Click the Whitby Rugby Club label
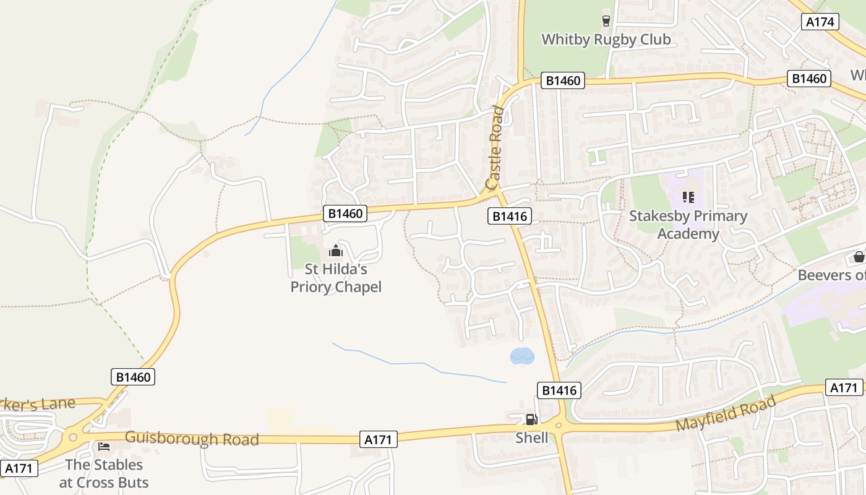click(x=606, y=40)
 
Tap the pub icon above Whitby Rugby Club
click(x=606, y=21)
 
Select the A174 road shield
click(x=821, y=22)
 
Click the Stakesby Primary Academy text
click(x=688, y=225)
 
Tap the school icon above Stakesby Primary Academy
click(x=688, y=197)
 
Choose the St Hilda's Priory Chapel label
click(x=336, y=278)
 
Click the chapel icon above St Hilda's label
click(x=336, y=251)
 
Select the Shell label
click(x=532, y=438)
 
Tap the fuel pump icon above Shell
click(x=531, y=420)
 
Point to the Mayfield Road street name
click(x=725, y=414)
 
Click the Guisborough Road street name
click(x=192, y=439)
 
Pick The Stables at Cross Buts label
click(x=104, y=473)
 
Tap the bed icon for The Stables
click(x=104, y=446)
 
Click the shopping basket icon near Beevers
click(x=859, y=257)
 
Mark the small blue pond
click(x=521, y=356)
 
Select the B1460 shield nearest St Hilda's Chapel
click(x=345, y=213)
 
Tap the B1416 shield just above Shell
click(x=559, y=390)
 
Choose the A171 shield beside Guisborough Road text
click(x=378, y=439)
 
